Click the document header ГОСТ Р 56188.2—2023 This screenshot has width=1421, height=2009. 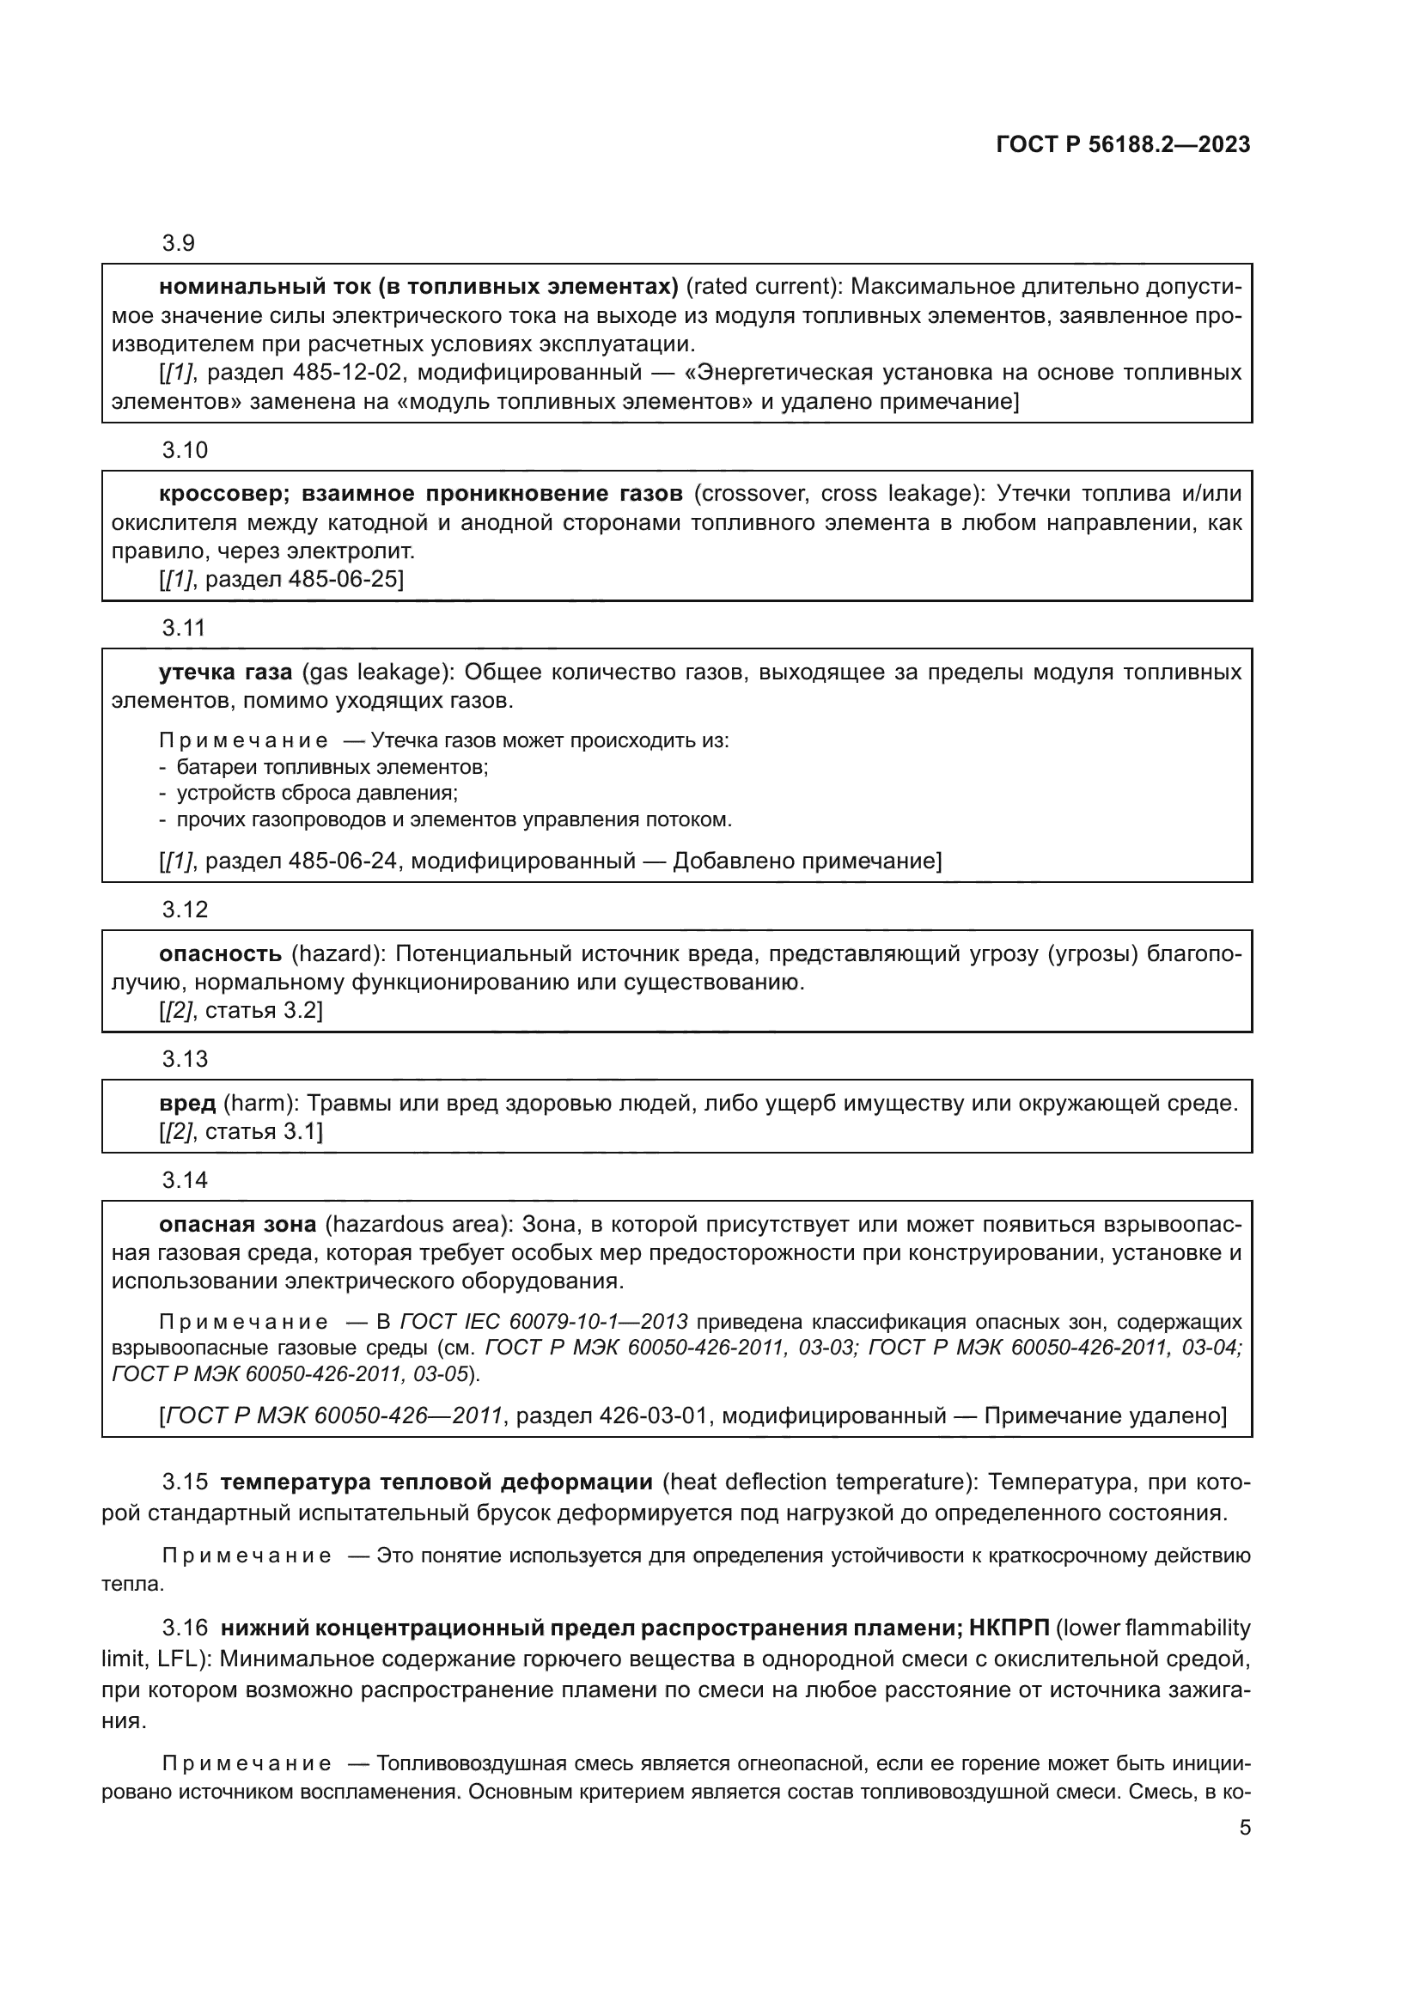tap(1123, 145)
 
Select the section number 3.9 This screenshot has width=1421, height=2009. tap(179, 242)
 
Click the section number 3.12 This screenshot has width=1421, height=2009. tap(185, 909)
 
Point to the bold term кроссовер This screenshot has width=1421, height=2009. tap(223, 494)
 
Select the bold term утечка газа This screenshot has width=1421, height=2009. tap(226, 672)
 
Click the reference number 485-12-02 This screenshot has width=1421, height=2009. tap(347, 373)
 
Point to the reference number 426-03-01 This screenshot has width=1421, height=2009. tap(653, 1415)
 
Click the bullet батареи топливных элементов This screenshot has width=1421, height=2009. tap(332, 767)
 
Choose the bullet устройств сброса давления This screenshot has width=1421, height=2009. tap(317, 794)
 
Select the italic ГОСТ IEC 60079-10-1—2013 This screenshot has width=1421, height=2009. tap(543, 1321)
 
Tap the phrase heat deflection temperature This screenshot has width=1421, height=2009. tap(818, 1482)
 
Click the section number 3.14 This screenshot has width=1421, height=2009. tap(185, 1180)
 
